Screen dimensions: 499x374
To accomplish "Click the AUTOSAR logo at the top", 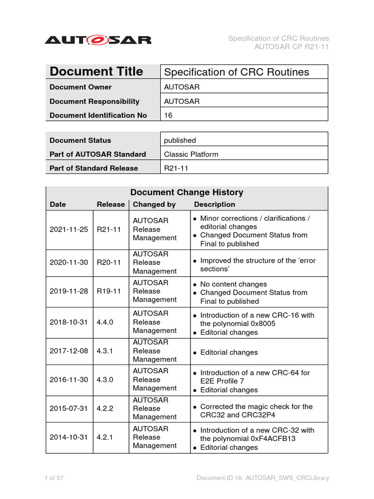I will pyautogui.click(x=98, y=39).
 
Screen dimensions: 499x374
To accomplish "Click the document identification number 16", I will pyautogui.click(x=168, y=115).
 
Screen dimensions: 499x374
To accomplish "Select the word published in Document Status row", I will pyautogui.click(x=180, y=140).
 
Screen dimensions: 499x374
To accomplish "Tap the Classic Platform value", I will pyautogui.click(x=191, y=154).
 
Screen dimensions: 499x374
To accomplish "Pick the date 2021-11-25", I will pyautogui.click(x=69, y=230).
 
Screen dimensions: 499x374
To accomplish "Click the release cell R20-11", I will pyautogui.click(x=109, y=262).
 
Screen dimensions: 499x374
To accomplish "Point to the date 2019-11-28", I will pyautogui.click(x=69, y=291).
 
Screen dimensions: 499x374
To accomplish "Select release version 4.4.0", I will pyautogui.click(x=105, y=322).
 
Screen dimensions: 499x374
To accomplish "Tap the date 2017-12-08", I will pyautogui.click(x=69, y=351).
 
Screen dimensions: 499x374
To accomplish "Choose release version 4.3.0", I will pyautogui.click(x=105, y=380).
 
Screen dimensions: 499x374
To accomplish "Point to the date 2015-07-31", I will pyautogui.click(x=69, y=408).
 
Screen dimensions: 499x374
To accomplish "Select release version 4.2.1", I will pyautogui.click(x=105, y=437).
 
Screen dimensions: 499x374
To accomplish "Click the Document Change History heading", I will pyautogui.click(x=187, y=192).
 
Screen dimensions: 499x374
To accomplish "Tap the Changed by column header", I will pyautogui.click(x=154, y=205).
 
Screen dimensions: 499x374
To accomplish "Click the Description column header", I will pyautogui.click(x=214, y=205).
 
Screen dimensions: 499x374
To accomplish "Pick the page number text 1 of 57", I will pyautogui.click(x=54, y=478).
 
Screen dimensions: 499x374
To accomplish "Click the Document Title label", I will pyautogui.click(x=96, y=72).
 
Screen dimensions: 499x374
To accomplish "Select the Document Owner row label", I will pyautogui.click(x=80, y=87).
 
